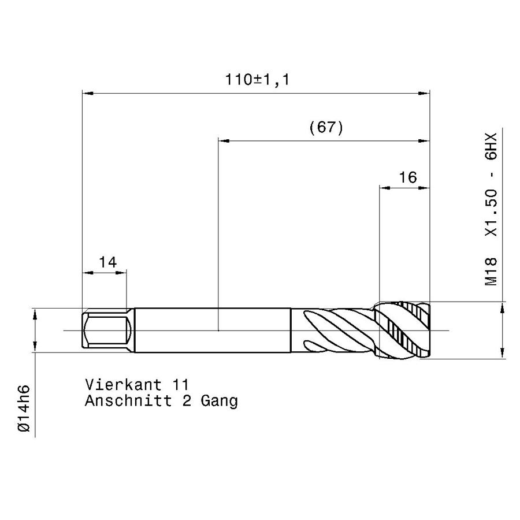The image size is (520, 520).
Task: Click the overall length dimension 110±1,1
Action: click(x=257, y=80)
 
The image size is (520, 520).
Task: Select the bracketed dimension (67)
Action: click(x=326, y=127)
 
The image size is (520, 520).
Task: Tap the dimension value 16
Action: click(x=407, y=177)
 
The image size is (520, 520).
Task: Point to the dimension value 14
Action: click(x=108, y=262)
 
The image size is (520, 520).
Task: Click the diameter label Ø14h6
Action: click(x=24, y=408)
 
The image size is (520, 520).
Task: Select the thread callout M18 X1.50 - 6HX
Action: click(x=492, y=209)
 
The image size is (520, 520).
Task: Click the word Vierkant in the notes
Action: click(x=124, y=385)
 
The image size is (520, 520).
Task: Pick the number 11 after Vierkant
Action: click(x=181, y=385)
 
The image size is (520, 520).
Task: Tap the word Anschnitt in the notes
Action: click(x=129, y=400)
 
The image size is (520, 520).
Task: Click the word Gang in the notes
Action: click(x=219, y=402)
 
